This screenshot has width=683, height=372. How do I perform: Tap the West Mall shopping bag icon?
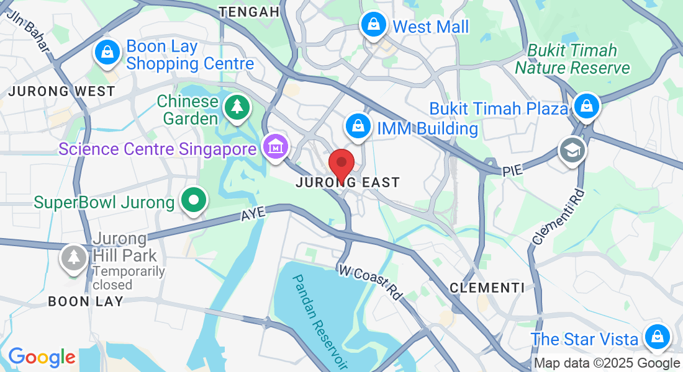click(373, 25)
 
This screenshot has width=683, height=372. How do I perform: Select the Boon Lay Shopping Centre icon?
click(107, 52)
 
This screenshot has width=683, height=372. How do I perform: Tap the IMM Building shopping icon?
click(358, 126)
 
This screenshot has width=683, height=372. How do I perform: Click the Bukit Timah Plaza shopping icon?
click(586, 107)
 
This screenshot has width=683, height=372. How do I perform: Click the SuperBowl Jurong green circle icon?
click(194, 201)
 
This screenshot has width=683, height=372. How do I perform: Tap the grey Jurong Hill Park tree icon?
click(74, 257)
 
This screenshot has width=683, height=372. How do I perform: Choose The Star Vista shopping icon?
click(656, 338)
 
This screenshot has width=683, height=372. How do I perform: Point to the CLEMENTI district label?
click(487, 288)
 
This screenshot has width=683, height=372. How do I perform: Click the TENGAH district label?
click(250, 12)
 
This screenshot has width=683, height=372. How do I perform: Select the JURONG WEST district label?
click(61, 91)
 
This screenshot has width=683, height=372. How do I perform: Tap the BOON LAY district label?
click(86, 301)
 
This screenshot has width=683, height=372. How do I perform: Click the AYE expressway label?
click(253, 213)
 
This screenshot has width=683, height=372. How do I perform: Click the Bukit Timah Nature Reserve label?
click(572, 59)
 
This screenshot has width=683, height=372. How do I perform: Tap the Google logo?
click(42, 357)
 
